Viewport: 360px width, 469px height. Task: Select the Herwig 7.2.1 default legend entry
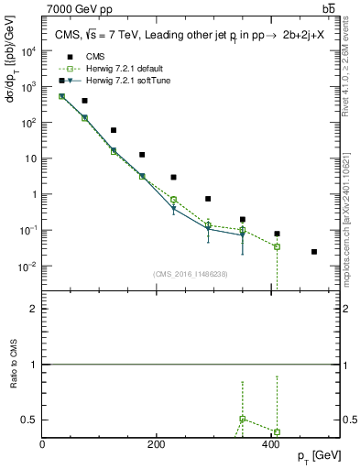[115, 68]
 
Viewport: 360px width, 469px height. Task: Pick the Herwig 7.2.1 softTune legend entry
[117, 81]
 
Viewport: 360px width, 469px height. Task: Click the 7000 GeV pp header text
[80, 9]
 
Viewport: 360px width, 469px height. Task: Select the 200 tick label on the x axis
[157, 444]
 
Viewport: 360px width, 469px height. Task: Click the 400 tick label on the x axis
[270, 444]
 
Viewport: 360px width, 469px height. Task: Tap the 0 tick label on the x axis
[43, 444]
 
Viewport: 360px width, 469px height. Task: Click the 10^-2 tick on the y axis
[30, 267]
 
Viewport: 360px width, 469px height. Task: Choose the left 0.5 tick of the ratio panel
[29, 420]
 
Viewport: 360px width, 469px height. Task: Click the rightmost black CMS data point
[314, 252]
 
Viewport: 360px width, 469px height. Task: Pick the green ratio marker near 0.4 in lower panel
[277, 432]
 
